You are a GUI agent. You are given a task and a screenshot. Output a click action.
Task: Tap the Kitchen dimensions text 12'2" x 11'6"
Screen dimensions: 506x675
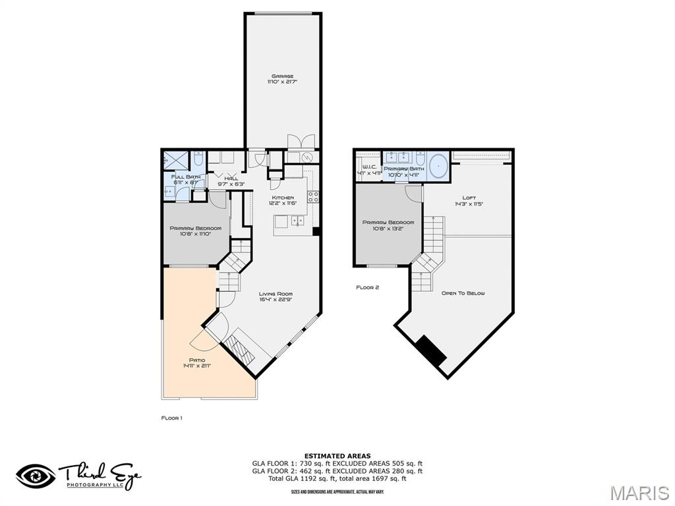283,204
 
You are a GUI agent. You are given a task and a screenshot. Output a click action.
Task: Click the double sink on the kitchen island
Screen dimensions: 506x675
297,221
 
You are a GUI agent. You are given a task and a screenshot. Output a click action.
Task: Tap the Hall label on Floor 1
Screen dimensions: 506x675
231,178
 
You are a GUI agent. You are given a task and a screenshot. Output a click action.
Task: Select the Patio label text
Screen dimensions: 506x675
197,360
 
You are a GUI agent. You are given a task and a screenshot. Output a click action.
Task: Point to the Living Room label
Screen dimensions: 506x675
276,294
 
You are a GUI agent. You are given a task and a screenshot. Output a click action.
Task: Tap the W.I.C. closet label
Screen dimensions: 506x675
368,167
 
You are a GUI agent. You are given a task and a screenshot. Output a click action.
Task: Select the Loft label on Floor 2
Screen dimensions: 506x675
469,198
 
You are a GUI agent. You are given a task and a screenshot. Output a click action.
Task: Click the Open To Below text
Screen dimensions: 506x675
463,293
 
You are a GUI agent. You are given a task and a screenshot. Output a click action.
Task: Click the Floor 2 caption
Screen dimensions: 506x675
367,287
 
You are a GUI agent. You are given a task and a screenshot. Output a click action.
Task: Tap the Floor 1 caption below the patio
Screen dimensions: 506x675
171,418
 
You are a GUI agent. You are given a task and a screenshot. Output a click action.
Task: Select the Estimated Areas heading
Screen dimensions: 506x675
337,455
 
